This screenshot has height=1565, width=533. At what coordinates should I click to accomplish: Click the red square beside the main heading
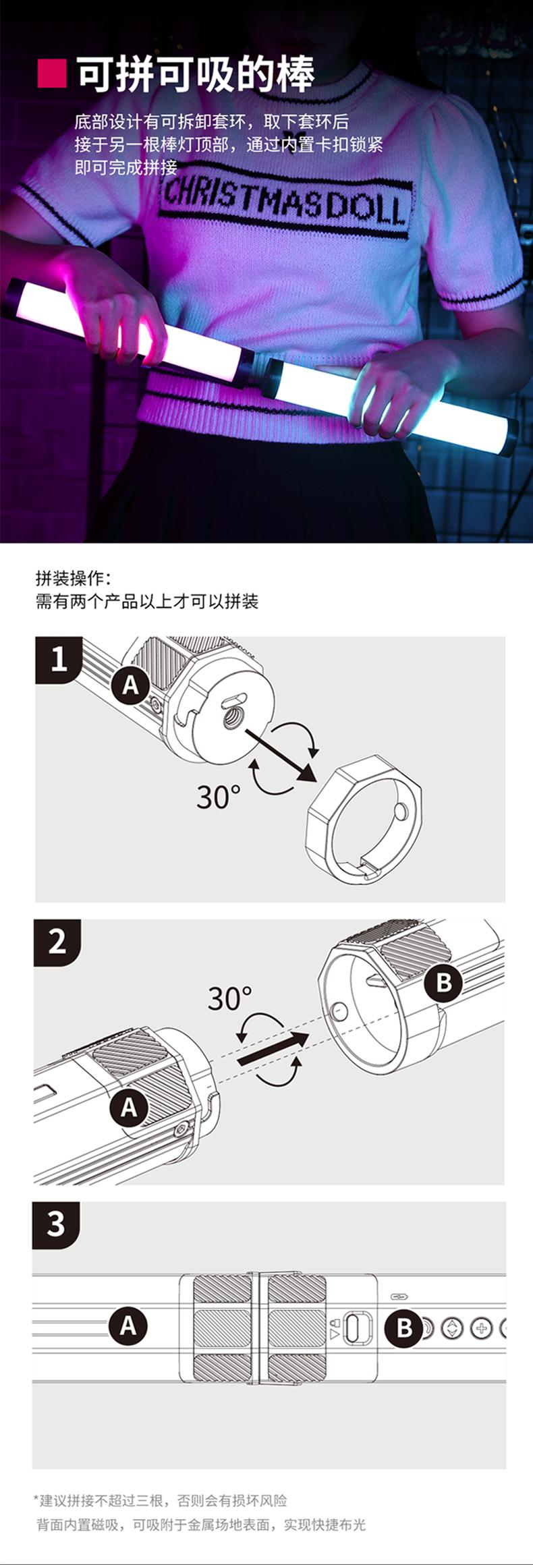pos(51,74)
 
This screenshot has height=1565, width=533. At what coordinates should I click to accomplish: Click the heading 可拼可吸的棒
pos(195,74)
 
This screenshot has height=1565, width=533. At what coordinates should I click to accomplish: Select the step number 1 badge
pos(59,659)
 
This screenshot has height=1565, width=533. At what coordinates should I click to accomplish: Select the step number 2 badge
pos(57,942)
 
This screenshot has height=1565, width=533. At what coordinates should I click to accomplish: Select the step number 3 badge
pos(57,1224)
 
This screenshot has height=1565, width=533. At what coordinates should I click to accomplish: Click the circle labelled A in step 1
pos(131,685)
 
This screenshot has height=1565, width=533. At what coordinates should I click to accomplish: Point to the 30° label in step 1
pos(218,797)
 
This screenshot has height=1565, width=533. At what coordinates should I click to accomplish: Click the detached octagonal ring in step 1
pos(364,817)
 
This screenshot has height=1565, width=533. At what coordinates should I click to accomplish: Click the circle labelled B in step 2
pos(443,982)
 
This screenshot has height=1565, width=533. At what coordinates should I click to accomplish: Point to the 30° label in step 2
pos(229,998)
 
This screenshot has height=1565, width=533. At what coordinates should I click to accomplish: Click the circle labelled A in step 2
pos(129,1107)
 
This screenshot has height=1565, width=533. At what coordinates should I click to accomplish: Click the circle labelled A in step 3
pos(128,1326)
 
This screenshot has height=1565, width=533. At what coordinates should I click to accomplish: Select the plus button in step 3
pos(481,1328)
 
